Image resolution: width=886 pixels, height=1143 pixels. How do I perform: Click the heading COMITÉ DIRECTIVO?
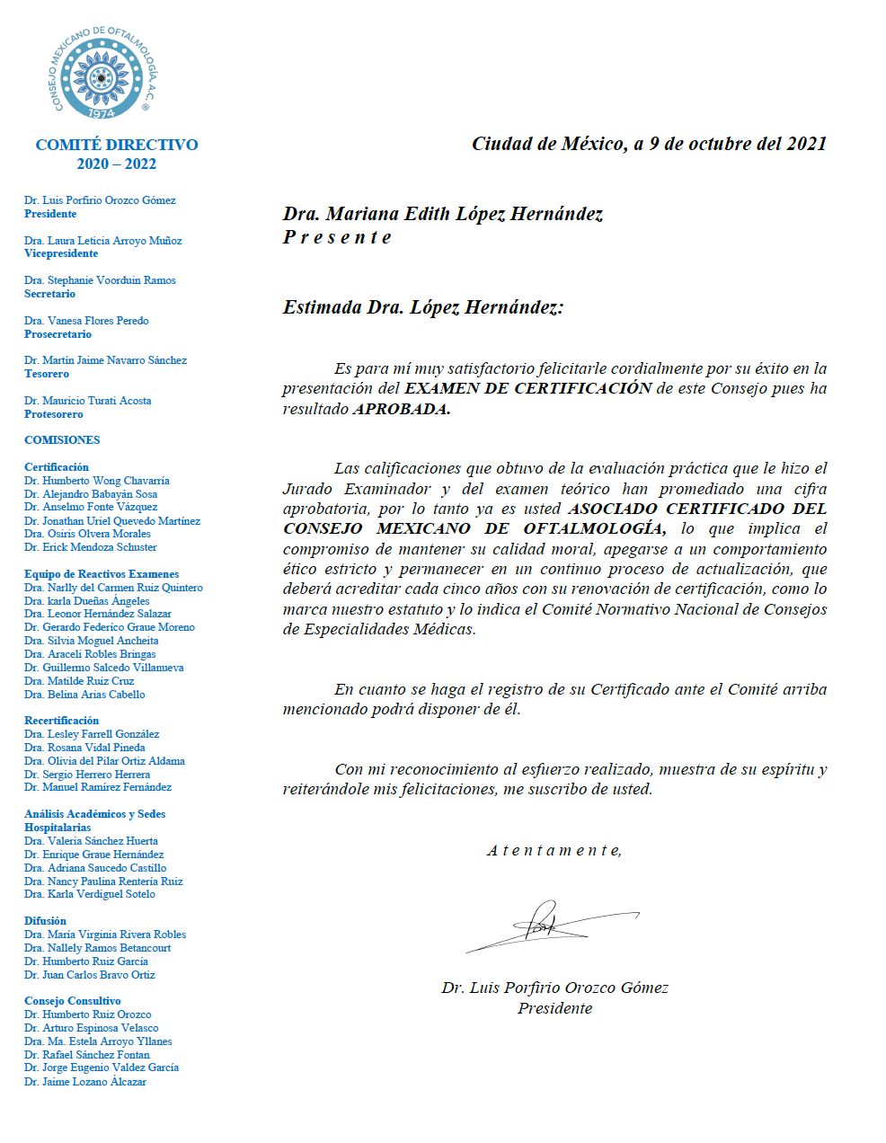coord(117,145)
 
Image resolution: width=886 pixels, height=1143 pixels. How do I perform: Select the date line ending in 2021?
coord(649,144)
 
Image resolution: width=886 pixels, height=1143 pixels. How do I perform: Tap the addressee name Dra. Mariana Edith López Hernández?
coord(442,214)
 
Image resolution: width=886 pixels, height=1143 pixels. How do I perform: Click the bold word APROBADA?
coord(401,409)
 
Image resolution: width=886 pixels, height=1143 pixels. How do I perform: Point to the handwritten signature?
coord(550,926)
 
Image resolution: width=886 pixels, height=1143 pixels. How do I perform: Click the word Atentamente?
coord(554,850)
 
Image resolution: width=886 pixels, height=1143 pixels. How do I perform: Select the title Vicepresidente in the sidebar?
coord(61,254)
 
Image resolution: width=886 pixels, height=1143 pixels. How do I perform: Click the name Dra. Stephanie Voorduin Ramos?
coord(100,280)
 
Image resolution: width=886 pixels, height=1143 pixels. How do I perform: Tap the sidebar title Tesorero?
coord(47,374)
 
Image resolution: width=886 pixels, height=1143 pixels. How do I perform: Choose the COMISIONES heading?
coord(62,440)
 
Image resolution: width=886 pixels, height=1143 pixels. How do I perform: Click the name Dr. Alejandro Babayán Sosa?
coord(91,494)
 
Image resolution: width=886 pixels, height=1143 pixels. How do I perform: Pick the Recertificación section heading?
coord(62,721)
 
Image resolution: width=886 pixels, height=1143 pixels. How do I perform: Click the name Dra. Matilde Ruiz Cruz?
coord(79,681)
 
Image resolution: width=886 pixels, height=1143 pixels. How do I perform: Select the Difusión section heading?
coord(45,921)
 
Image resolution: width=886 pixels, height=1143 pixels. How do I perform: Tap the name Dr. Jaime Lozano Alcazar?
coord(85,1082)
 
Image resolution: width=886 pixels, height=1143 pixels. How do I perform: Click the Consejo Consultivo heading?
coord(73,1001)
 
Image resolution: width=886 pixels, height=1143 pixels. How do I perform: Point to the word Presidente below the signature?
coord(554,1008)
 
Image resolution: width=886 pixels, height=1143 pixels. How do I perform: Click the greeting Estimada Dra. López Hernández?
coord(423,307)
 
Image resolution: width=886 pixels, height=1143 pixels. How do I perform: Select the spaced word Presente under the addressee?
coord(337,237)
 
